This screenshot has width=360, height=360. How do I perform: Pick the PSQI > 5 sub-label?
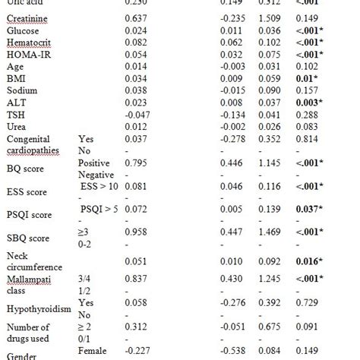coord(99,208)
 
